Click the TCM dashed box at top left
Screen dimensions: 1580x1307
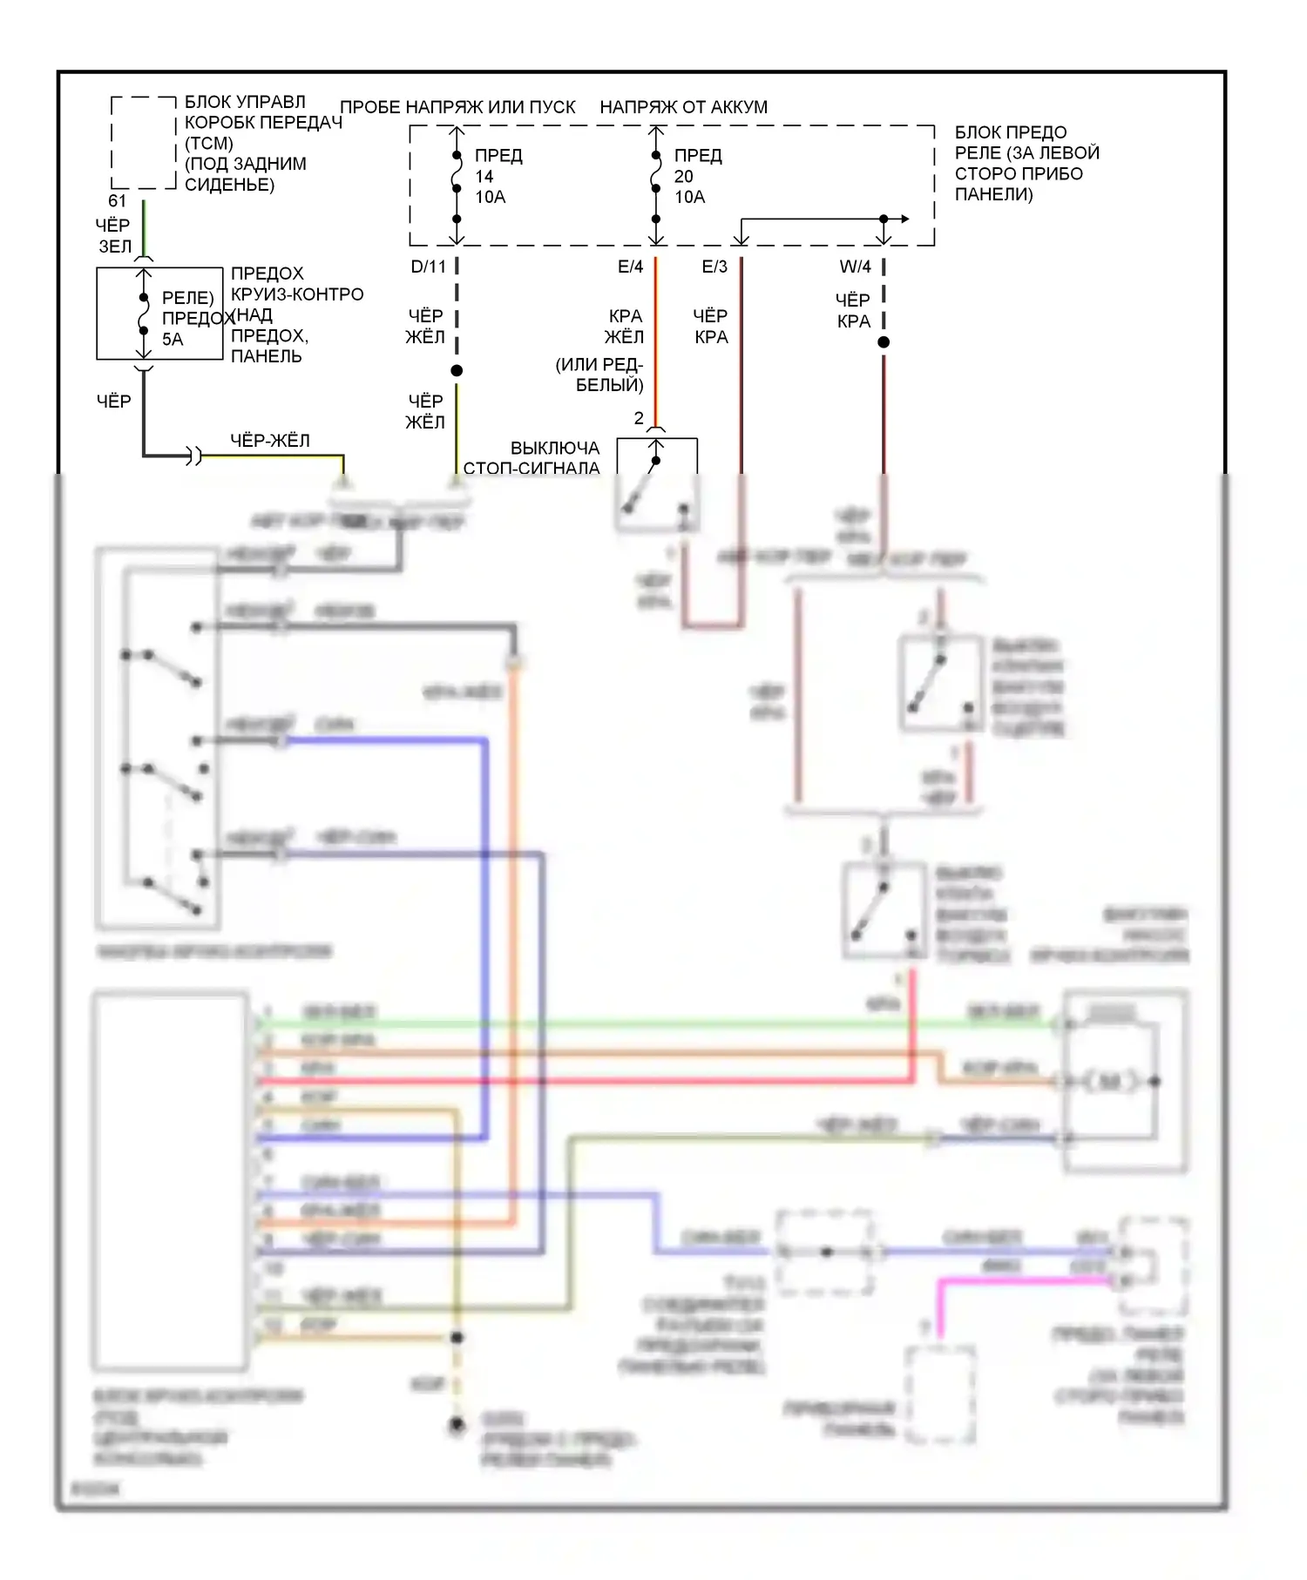click(144, 142)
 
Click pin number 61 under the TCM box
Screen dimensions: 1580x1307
click(118, 201)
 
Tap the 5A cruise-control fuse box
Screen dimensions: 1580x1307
click(159, 314)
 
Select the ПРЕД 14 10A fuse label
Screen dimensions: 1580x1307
click(498, 176)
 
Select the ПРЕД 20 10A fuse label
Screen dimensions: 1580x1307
click(698, 176)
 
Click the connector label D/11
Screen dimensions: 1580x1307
click(428, 267)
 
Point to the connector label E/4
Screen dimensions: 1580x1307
click(630, 267)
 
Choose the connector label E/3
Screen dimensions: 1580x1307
click(714, 267)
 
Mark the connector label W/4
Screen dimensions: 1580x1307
click(855, 267)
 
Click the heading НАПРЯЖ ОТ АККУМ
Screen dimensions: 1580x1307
click(683, 107)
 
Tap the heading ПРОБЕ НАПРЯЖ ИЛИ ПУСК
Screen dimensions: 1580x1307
click(457, 107)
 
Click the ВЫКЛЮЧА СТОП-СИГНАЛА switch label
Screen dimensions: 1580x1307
click(532, 458)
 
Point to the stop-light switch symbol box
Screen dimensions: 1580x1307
click(657, 483)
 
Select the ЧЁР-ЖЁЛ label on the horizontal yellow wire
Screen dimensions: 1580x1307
click(269, 441)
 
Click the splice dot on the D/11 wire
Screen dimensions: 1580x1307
click(457, 371)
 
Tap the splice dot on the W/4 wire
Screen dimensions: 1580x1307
click(884, 342)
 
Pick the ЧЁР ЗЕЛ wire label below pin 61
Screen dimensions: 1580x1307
click(114, 236)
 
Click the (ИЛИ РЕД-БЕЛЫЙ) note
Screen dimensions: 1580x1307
click(599, 375)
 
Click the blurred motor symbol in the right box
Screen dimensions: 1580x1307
click(1110, 1082)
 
